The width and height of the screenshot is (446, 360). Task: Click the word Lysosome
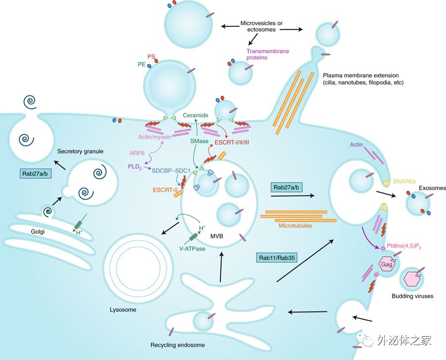122,310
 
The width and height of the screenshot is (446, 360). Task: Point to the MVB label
217,236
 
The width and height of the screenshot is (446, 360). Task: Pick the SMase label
199,142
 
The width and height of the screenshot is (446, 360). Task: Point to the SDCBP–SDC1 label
171,171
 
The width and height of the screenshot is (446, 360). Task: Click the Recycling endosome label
177,345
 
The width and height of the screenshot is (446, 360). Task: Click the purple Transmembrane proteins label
268,54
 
